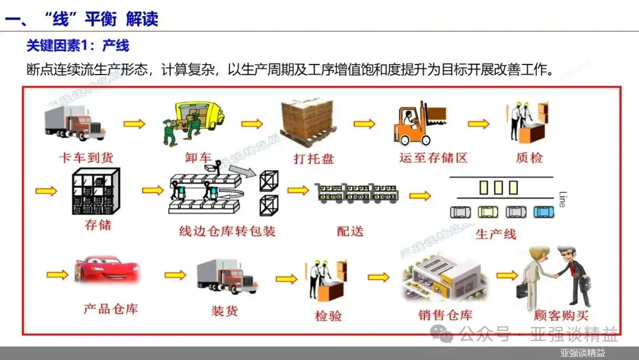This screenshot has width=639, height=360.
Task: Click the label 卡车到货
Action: (x=86, y=158)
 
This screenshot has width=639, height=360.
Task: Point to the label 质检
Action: (x=529, y=158)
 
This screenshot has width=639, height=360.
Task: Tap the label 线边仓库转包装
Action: (x=227, y=231)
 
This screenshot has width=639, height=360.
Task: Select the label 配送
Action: (x=350, y=231)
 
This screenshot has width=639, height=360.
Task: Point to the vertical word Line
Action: (x=561, y=198)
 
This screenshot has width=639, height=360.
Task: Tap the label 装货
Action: (x=224, y=310)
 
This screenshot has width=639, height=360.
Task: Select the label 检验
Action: (x=328, y=316)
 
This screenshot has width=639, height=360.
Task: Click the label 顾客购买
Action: (x=560, y=316)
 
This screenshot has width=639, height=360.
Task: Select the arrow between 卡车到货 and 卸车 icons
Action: (x=134, y=124)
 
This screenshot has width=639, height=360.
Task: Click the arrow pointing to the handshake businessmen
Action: (x=506, y=275)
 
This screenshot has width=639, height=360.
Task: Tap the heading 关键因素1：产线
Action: (x=78, y=46)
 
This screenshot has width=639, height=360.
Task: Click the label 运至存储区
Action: (x=433, y=158)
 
